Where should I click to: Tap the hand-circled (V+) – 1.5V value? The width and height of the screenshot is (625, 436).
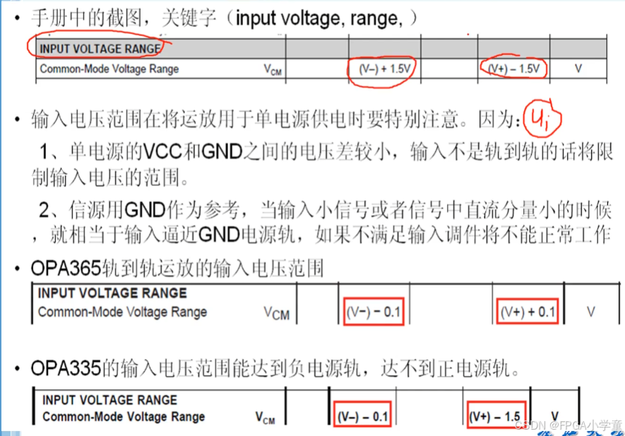click(x=514, y=69)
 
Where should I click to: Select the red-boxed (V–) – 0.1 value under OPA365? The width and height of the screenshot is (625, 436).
click(x=374, y=312)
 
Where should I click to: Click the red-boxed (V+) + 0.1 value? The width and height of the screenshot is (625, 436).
click(x=528, y=312)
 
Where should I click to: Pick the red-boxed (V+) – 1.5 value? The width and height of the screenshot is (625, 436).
click(x=499, y=416)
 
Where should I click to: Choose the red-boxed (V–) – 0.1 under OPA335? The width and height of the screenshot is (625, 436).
click(x=362, y=416)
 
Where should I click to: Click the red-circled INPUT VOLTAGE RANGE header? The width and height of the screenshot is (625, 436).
click(x=99, y=48)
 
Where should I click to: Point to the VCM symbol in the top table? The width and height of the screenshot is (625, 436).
click(x=272, y=70)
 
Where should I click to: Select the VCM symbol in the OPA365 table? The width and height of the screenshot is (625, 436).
click(x=276, y=313)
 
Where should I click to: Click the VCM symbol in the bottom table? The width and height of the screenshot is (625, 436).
click(x=266, y=418)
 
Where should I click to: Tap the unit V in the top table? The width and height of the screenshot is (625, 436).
click(x=578, y=69)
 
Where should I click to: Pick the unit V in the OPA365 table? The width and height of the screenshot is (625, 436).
click(x=590, y=312)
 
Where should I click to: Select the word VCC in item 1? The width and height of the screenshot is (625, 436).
click(x=162, y=152)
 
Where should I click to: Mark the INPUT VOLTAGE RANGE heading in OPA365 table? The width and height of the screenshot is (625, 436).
click(x=112, y=293)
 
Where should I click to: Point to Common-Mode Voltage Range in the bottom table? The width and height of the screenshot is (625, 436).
click(x=124, y=416)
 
